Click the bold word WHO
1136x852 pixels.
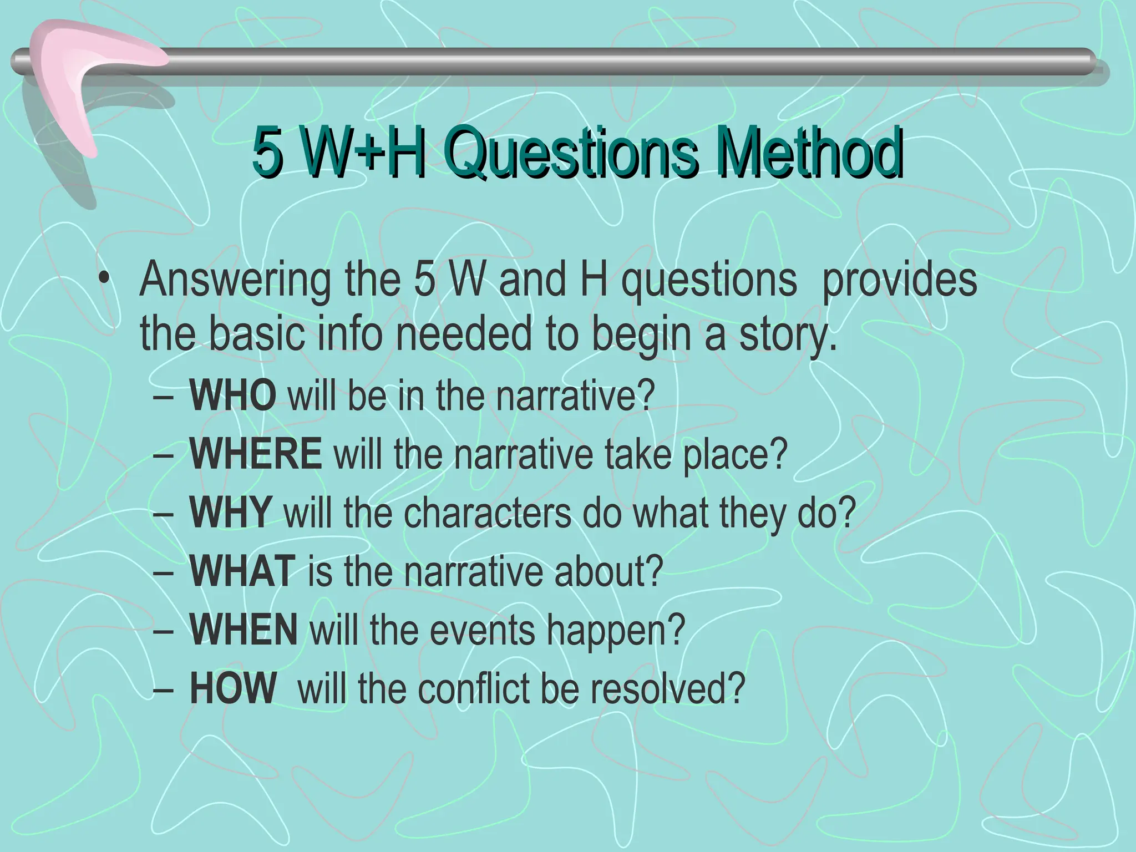click(x=232, y=395)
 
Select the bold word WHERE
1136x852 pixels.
click(x=255, y=454)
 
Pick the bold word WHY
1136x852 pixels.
click(x=230, y=513)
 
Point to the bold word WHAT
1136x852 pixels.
click(x=242, y=571)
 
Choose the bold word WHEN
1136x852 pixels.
click(x=244, y=630)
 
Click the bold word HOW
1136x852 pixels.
click(x=232, y=688)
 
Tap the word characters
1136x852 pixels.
click(x=487, y=513)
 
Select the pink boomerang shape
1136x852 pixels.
click(x=72, y=78)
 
